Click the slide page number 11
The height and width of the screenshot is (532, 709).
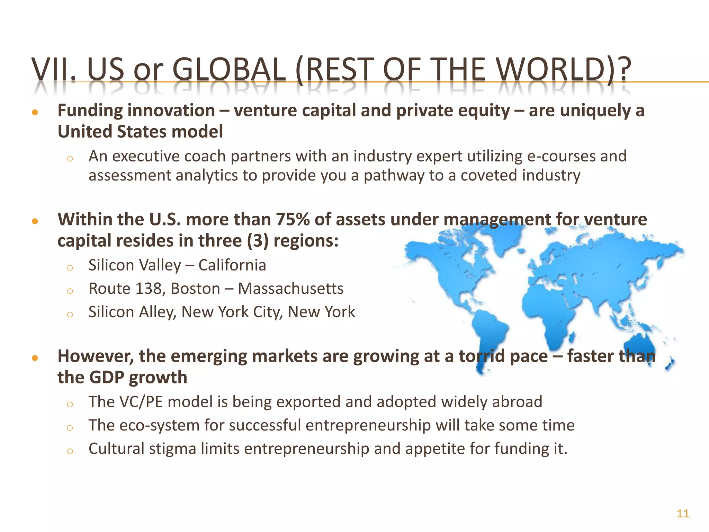point(683,513)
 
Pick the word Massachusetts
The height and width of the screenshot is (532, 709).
point(290,289)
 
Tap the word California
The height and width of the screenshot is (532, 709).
point(232,265)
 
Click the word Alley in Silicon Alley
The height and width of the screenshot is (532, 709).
point(158,312)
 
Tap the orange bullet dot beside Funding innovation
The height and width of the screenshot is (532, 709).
point(35,112)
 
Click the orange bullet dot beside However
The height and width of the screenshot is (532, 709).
point(35,358)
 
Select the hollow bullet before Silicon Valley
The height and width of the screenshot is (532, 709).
point(70,267)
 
